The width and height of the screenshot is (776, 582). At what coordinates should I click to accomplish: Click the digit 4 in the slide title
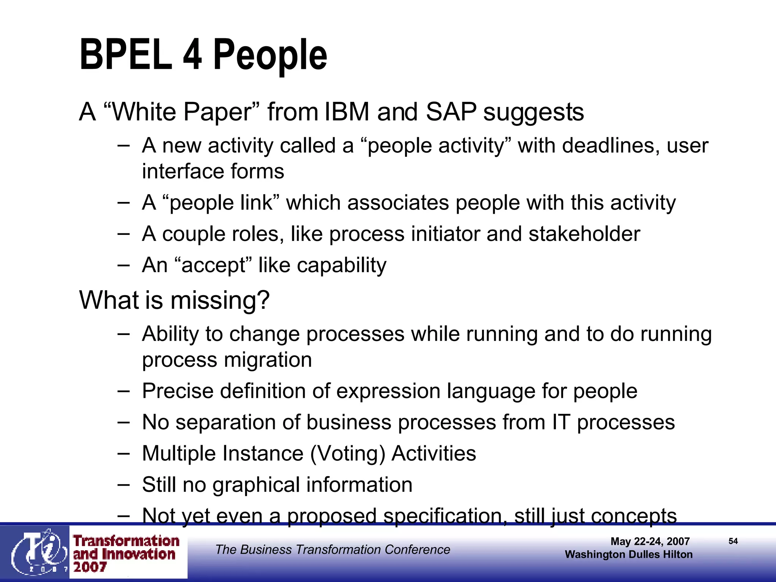pos(192,55)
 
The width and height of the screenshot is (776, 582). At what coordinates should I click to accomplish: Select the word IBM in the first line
pos(347,112)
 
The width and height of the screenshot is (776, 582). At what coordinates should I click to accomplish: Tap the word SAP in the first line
pos(451,112)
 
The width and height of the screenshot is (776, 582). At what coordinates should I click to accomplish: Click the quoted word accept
pos(214,265)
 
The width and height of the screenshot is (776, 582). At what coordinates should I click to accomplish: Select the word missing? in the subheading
pos(220,300)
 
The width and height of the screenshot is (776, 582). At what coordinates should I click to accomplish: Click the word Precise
pos(178,391)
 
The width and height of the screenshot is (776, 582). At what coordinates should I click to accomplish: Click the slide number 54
pos(733,541)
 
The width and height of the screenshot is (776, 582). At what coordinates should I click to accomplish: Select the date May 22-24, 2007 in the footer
pos(650,541)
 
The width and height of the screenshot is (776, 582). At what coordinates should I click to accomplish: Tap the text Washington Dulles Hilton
pos(629,555)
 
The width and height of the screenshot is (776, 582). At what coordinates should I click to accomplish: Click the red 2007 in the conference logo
pos(90,567)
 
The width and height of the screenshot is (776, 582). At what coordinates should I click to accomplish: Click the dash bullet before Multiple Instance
pos(124,453)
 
